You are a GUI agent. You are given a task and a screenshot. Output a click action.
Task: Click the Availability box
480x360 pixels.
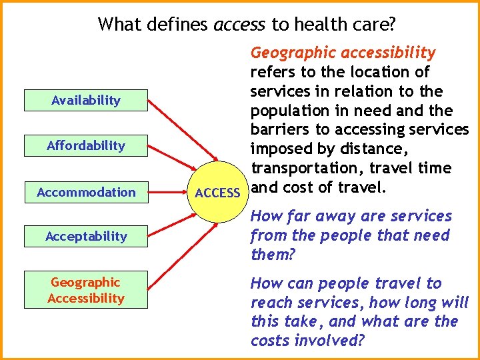86,101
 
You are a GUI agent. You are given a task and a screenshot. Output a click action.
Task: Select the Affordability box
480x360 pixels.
86,145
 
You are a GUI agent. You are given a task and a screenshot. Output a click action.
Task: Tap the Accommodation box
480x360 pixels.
86,193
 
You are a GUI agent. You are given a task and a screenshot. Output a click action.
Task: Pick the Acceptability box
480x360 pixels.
86,236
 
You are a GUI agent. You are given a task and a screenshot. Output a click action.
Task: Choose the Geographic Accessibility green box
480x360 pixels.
86,291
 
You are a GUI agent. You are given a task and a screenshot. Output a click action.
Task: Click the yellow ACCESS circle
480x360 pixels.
218,193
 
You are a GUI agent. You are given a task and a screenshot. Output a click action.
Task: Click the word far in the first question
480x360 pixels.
305,217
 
